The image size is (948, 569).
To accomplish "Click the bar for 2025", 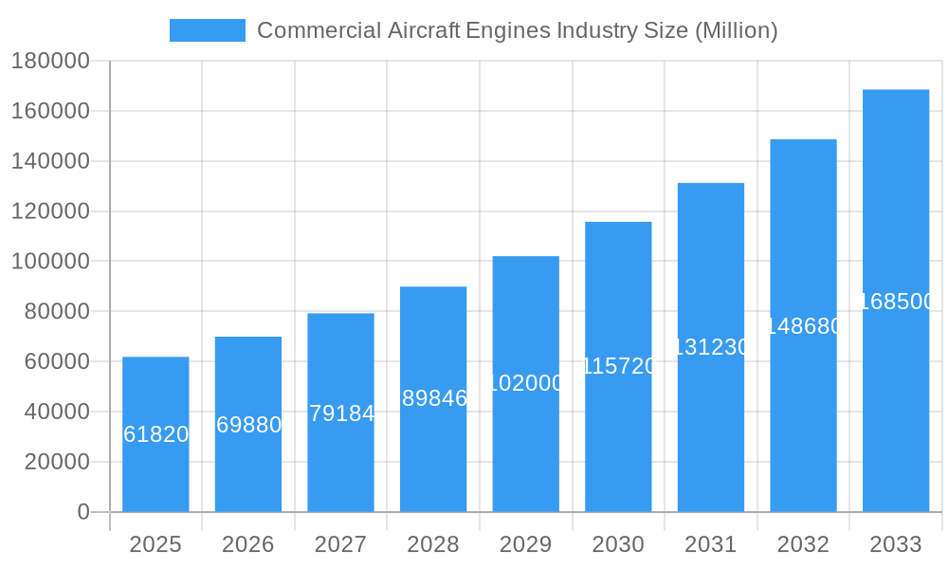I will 155,474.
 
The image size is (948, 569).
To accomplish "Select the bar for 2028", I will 433,446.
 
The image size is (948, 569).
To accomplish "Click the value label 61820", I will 155,434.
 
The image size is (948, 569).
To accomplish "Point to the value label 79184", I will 341,413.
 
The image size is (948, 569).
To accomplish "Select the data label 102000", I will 526,383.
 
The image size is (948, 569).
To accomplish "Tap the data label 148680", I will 803,326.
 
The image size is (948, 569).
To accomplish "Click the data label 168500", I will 896,302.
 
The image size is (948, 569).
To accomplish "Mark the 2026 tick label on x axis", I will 248,544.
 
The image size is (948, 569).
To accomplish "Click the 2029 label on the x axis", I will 526,544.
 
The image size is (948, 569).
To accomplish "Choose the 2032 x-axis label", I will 803,544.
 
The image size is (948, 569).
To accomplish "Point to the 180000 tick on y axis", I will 50,62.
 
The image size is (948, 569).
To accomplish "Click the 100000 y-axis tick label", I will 50,262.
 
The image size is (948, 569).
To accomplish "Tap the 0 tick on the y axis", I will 83,512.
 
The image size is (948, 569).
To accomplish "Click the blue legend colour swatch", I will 207,30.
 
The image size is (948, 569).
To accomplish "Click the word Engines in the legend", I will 507,30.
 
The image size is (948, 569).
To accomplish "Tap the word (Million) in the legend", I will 737,30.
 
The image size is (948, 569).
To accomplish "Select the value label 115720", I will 618,366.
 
